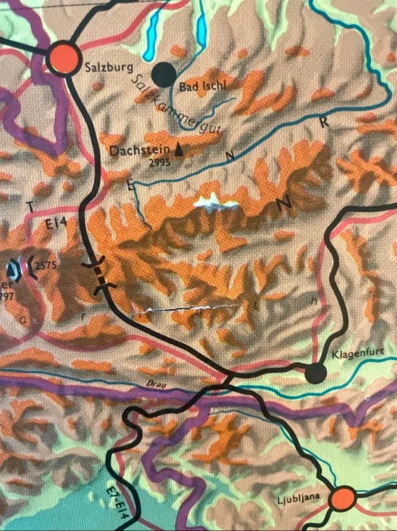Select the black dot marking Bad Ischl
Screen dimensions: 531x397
point(164,75)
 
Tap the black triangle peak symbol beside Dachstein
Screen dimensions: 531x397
point(179,149)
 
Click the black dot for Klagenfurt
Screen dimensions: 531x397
point(315,373)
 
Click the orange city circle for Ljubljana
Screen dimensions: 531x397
point(343,499)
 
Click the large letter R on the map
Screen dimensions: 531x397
point(323,122)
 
